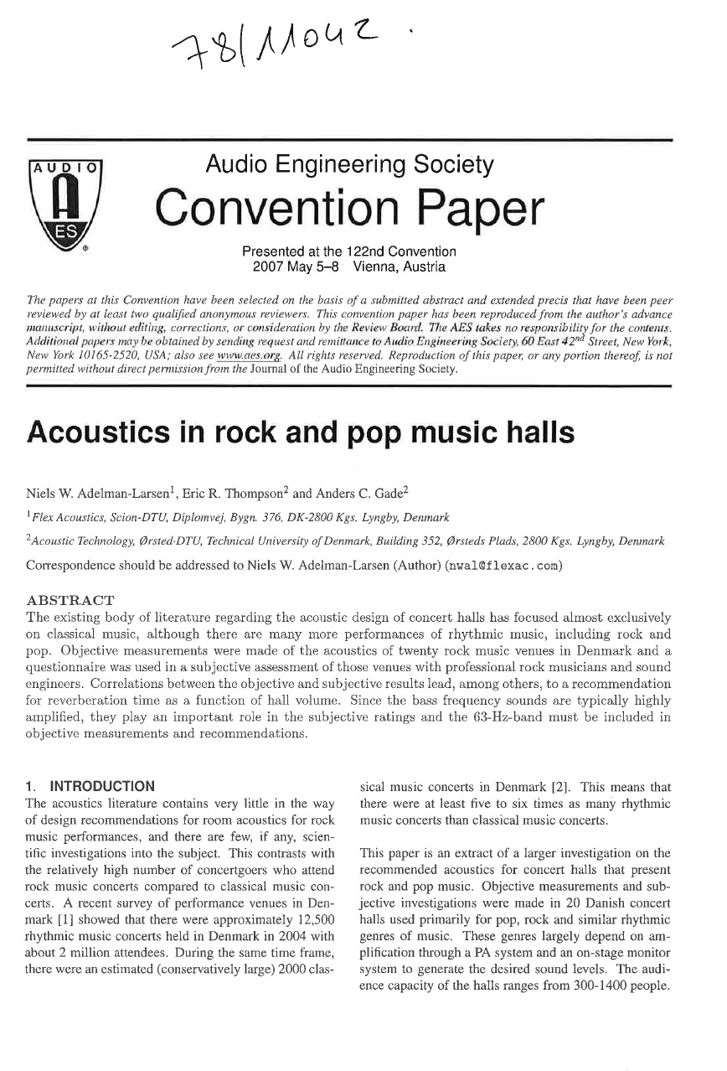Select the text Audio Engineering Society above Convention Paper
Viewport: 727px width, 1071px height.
coord(350,165)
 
